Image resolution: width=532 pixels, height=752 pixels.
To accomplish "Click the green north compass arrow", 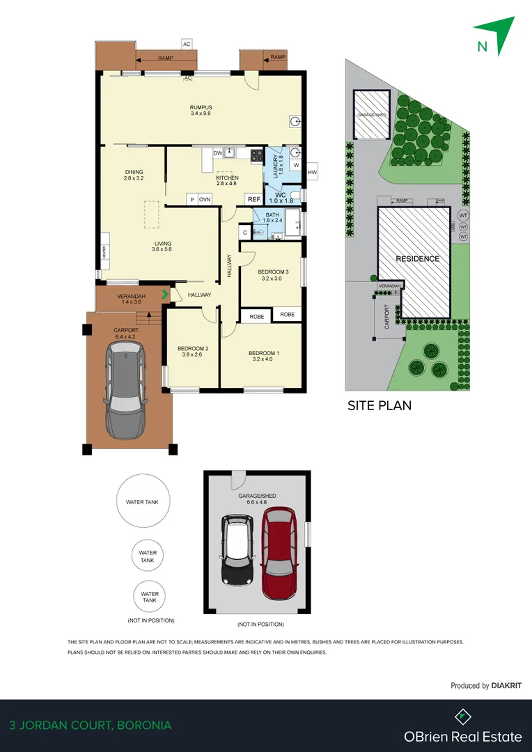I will (x=496, y=34).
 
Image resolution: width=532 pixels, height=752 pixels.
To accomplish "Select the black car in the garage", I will (x=237, y=549).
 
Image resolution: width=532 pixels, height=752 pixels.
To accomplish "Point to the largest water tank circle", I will (x=142, y=501).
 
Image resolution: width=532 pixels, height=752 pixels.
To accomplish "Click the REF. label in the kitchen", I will (x=254, y=199).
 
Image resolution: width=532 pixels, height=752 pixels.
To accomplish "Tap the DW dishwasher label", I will (x=217, y=153).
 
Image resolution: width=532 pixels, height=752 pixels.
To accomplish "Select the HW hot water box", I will (x=312, y=172).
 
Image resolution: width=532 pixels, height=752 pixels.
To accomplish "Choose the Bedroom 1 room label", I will (x=264, y=357).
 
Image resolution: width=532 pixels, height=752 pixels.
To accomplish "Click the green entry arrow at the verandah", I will (x=165, y=295).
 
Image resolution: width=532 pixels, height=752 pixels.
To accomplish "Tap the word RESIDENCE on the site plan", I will (x=418, y=259).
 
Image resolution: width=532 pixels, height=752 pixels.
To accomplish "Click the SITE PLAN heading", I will (x=380, y=405).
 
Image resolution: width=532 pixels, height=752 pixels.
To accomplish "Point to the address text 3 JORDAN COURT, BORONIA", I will (x=90, y=726).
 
